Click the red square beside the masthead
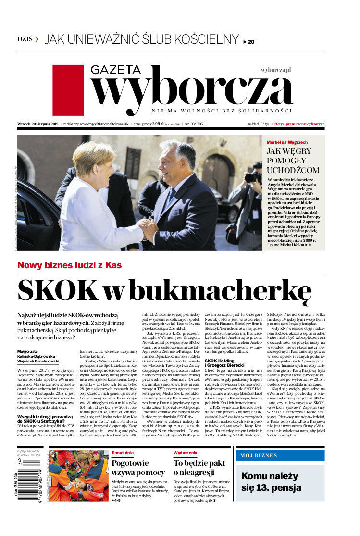[x=68, y=90]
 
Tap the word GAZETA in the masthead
[x=116, y=70]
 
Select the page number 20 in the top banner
[x=251, y=42]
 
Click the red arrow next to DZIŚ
[x=37, y=40]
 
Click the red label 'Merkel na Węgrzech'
[x=287, y=143]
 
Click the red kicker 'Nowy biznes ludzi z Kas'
[x=69, y=265]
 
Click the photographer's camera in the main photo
[x=251, y=177]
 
